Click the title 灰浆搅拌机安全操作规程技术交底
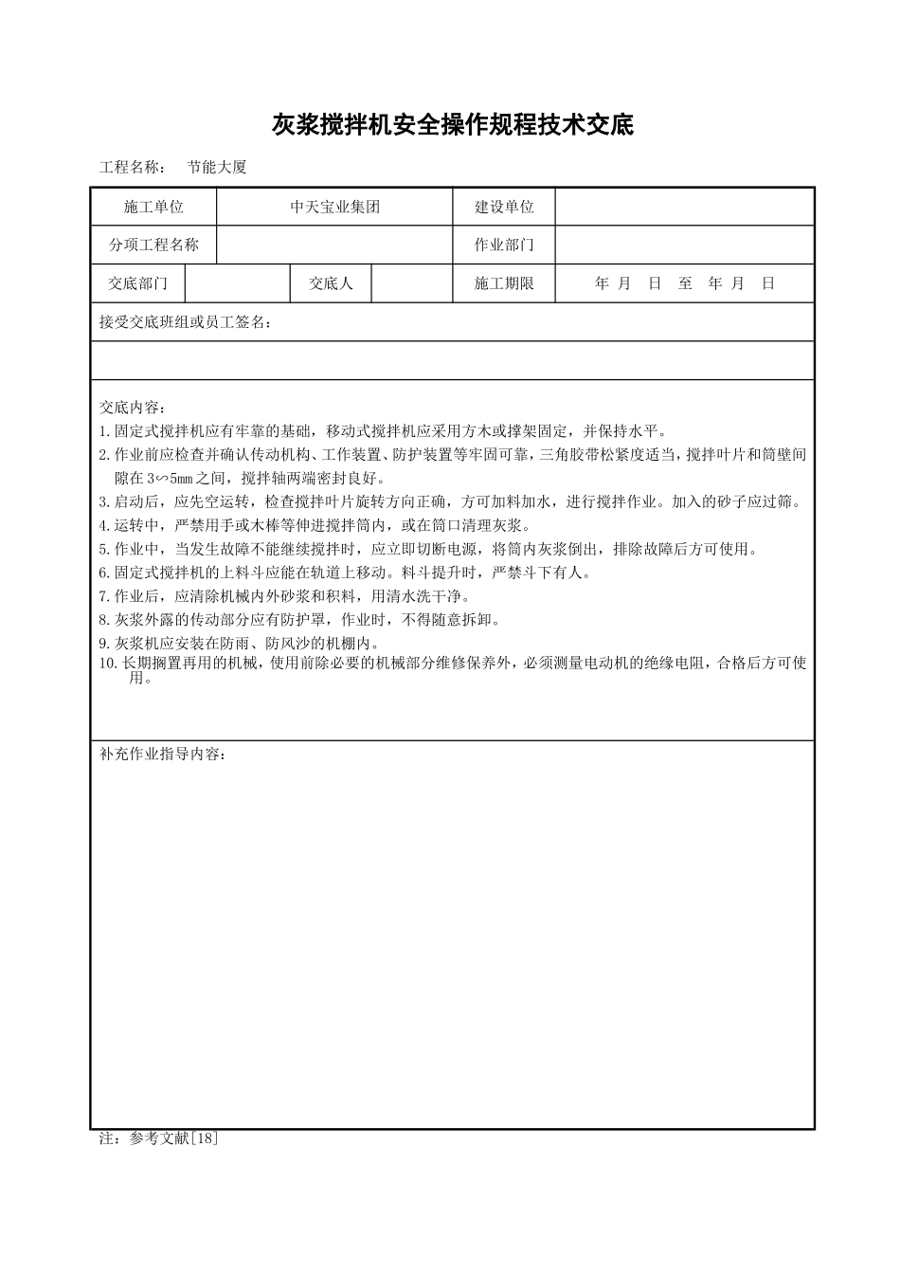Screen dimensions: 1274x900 pos(452,124)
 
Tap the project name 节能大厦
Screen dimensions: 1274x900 pos(217,167)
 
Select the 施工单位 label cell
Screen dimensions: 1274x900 pos(153,207)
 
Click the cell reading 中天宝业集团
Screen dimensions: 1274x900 pos(334,207)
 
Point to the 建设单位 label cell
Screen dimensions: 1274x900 pos(504,207)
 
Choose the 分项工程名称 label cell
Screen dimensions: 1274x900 pos(153,245)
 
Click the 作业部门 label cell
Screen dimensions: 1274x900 pos(504,245)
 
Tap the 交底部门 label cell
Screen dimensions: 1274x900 pos(138,283)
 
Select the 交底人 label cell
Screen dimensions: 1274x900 pos(331,283)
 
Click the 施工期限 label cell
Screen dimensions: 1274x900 pos(504,283)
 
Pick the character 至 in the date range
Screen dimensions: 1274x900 pos(686,283)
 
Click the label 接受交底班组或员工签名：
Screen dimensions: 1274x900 pos(186,322)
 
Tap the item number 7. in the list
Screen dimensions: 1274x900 pos(105,596)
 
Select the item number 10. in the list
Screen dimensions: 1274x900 pos(108,663)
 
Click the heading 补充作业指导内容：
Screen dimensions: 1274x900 pos(163,755)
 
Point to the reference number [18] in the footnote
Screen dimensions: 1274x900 pos(205,1138)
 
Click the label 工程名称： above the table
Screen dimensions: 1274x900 pos(133,167)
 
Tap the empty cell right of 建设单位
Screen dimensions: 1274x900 pos(684,207)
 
